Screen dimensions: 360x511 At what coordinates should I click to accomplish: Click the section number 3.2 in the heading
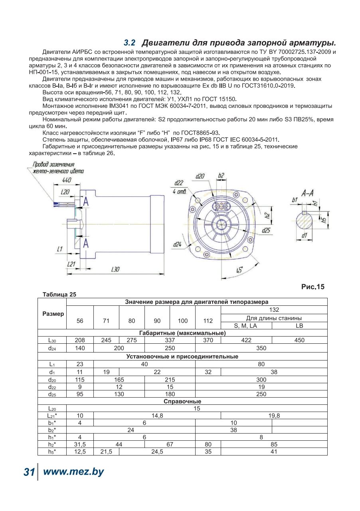(129, 43)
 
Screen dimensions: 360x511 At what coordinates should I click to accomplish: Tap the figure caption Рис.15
(313, 287)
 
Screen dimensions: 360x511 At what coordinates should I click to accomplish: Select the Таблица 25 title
(59, 294)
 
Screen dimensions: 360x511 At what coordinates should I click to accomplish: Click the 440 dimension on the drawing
(67, 180)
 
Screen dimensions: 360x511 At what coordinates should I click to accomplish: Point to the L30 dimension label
(115, 269)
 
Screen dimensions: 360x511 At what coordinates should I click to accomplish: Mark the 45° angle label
(239, 270)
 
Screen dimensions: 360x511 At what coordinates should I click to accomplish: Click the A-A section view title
(307, 194)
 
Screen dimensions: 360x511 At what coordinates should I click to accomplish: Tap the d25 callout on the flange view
(266, 230)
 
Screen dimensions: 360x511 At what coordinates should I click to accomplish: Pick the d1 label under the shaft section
(304, 235)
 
